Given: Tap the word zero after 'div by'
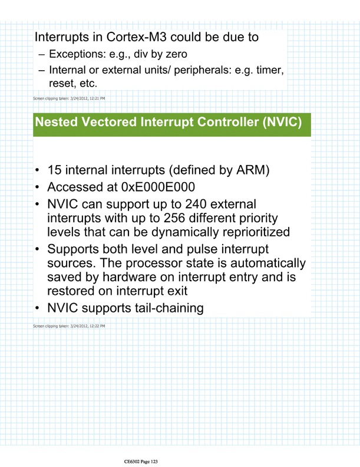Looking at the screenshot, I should [x=172, y=55].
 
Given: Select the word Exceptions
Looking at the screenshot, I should [x=76, y=55].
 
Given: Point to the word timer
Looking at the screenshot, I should [x=269, y=71].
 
